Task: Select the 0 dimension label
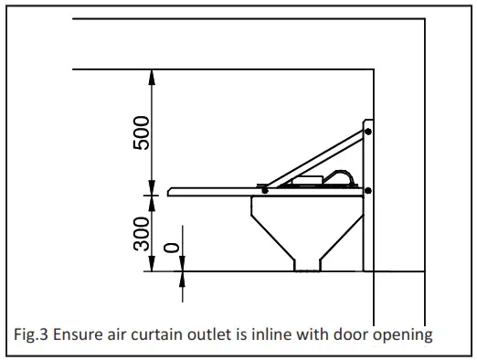tap(170, 248)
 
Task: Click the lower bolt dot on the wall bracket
tap(368, 190)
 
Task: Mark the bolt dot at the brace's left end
tap(264, 190)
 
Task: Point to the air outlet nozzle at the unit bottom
tap(306, 264)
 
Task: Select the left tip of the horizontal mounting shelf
tap(171, 192)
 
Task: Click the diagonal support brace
tap(315, 160)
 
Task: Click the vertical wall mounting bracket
tap(367, 196)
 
